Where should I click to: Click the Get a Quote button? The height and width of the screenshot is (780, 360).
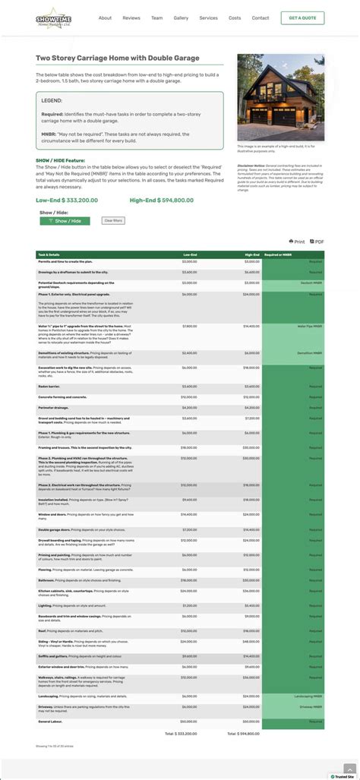pyautogui.click(x=302, y=17)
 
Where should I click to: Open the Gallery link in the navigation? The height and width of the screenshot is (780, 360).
pyautogui.click(x=181, y=17)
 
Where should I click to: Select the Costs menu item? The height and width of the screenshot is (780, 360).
pyautogui.click(x=235, y=17)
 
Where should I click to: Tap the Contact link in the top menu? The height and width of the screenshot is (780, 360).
pyautogui.click(x=261, y=17)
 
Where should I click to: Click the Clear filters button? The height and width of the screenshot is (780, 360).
pyautogui.click(x=113, y=220)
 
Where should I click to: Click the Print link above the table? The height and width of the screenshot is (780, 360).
pyautogui.click(x=297, y=242)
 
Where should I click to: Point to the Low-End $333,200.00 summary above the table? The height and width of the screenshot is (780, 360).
pyautogui.click(x=67, y=201)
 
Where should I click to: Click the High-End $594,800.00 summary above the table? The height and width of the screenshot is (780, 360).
pyautogui.click(x=162, y=201)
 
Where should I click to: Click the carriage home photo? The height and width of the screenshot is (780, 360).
pyautogui.click(x=280, y=97)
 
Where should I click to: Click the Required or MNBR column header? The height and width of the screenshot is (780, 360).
pyautogui.click(x=279, y=254)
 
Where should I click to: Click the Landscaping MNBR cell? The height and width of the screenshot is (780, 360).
pyautogui.click(x=307, y=696)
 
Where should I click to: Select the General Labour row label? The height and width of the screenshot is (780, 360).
pyautogui.click(x=49, y=722)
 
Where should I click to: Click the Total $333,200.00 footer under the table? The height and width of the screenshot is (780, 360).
pyautogui.click(x=181, y=734)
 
